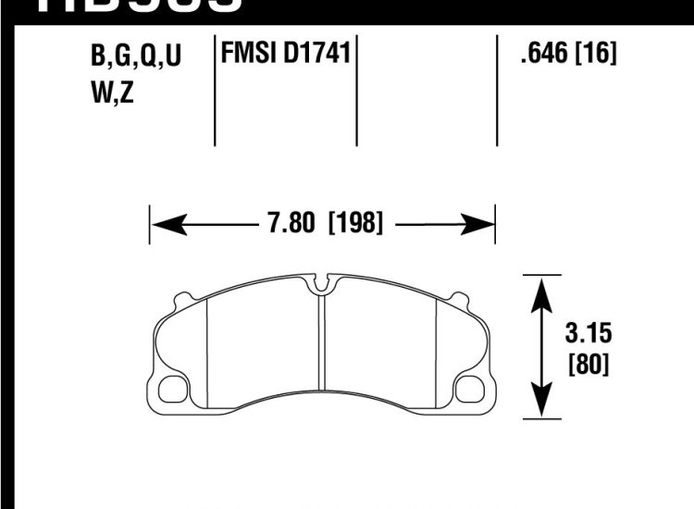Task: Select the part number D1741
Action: (x=317, y=55)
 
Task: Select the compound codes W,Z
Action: (x=113, y=93)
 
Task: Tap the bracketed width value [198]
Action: (x=355, y=223)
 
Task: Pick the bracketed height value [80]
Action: (x=589, y=364)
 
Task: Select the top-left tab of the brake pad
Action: (x=183, y=299)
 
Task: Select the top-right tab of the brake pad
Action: (x=457, y=299)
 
